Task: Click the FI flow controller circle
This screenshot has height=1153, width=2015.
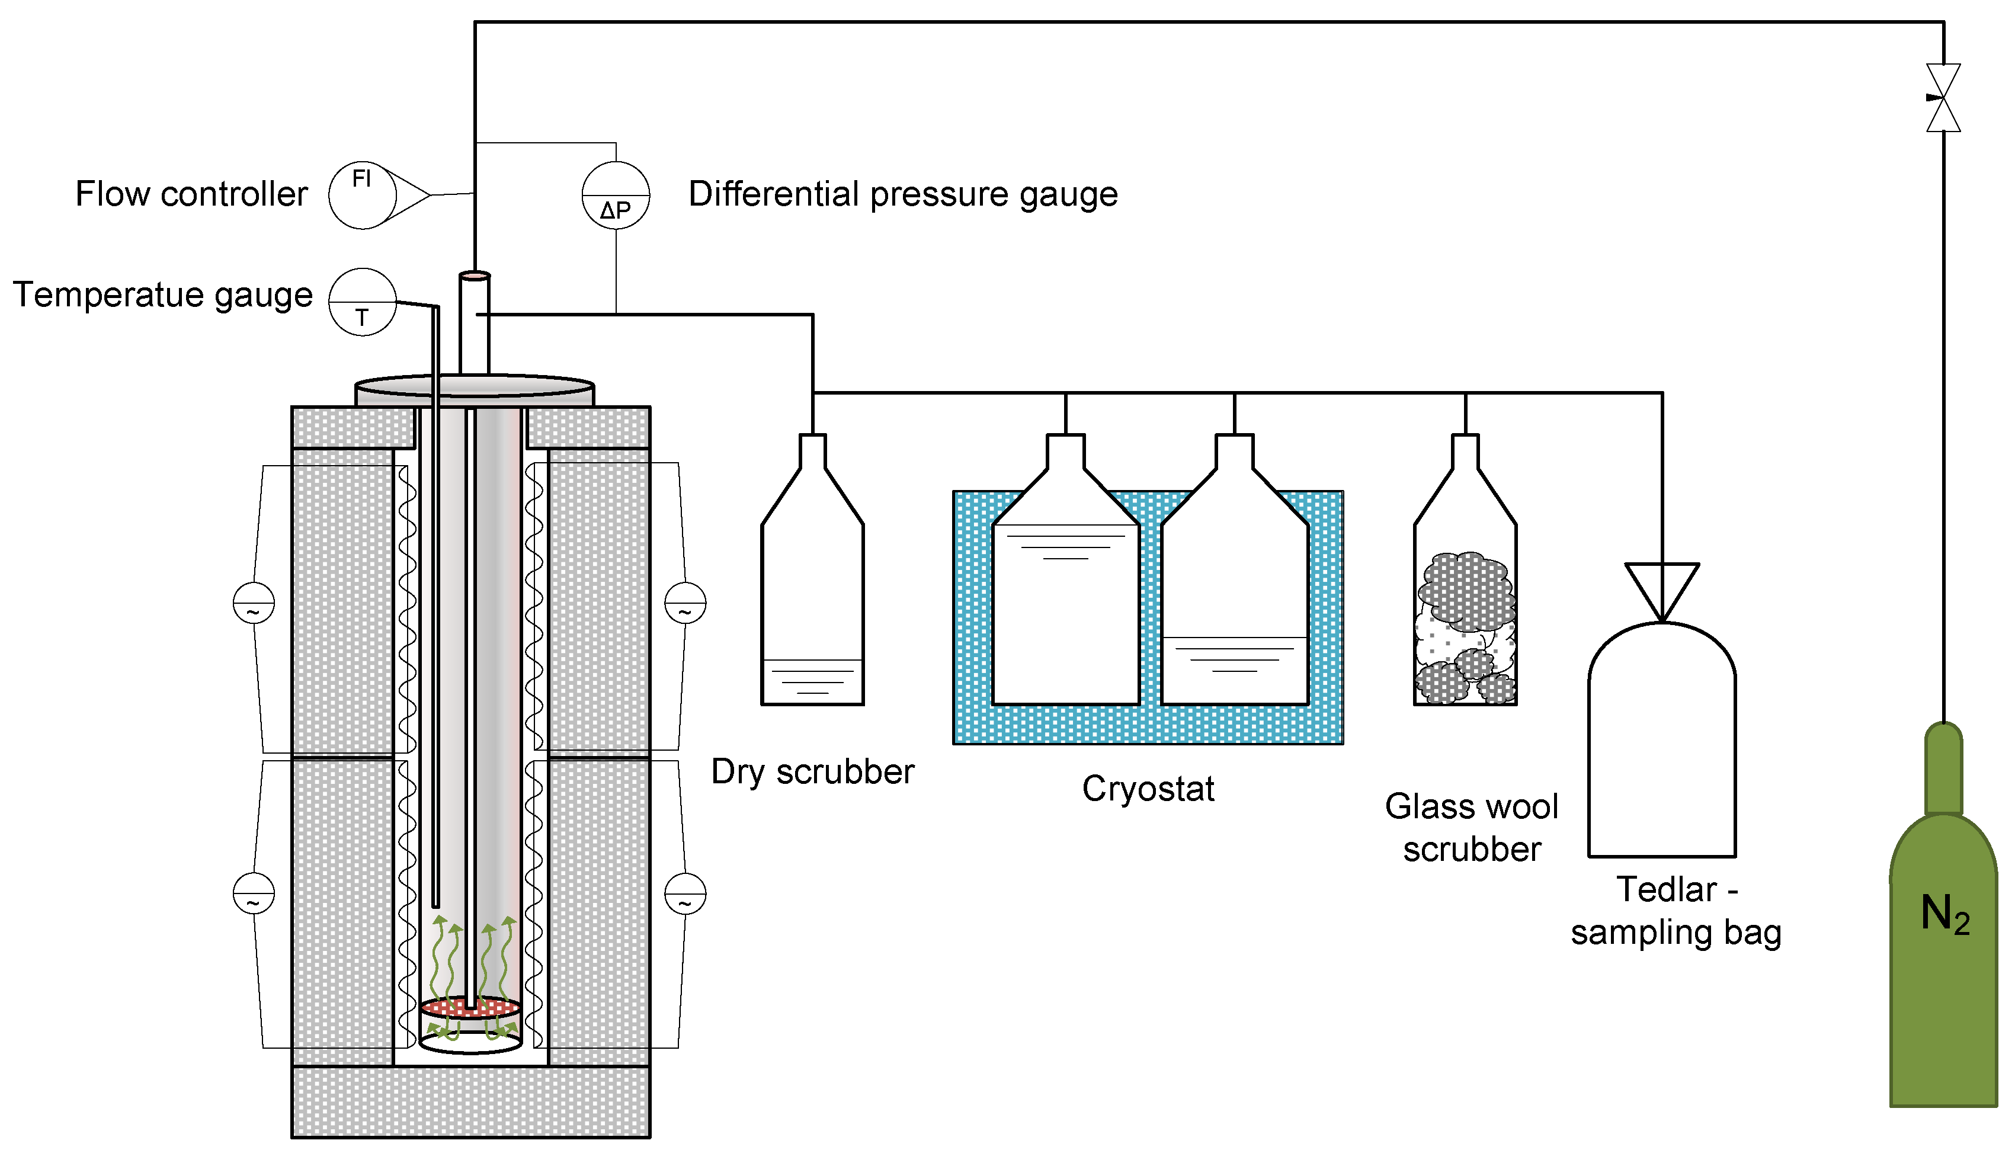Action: [363, 195]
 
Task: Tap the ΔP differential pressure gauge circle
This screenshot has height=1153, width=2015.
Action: [616, 195]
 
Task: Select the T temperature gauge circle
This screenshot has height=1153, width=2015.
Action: [363, 302]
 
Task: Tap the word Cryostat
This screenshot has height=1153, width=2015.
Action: [1148, 789]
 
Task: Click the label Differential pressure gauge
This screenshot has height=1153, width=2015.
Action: [902, 194]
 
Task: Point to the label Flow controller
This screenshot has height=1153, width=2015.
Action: [191, 194]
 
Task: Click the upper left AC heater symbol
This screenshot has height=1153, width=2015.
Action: [254, 603]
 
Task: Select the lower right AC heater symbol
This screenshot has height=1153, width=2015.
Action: [685, 893]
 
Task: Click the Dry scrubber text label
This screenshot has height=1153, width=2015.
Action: [812, 772]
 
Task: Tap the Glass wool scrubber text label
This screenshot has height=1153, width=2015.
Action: [1471, 828]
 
